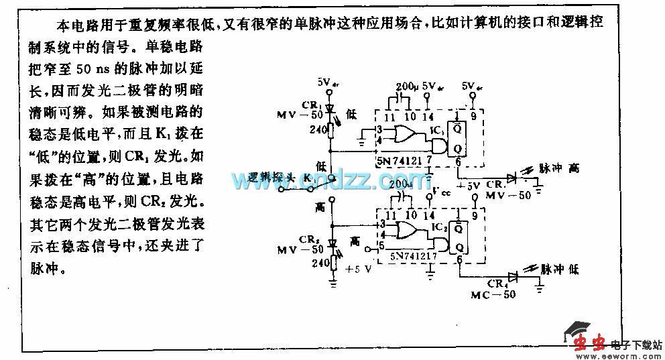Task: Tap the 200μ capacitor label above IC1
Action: [409, 87]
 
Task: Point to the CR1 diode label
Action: [310, 105]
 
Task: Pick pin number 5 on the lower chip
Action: [381, 245]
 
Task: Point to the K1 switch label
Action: [308, 178]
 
